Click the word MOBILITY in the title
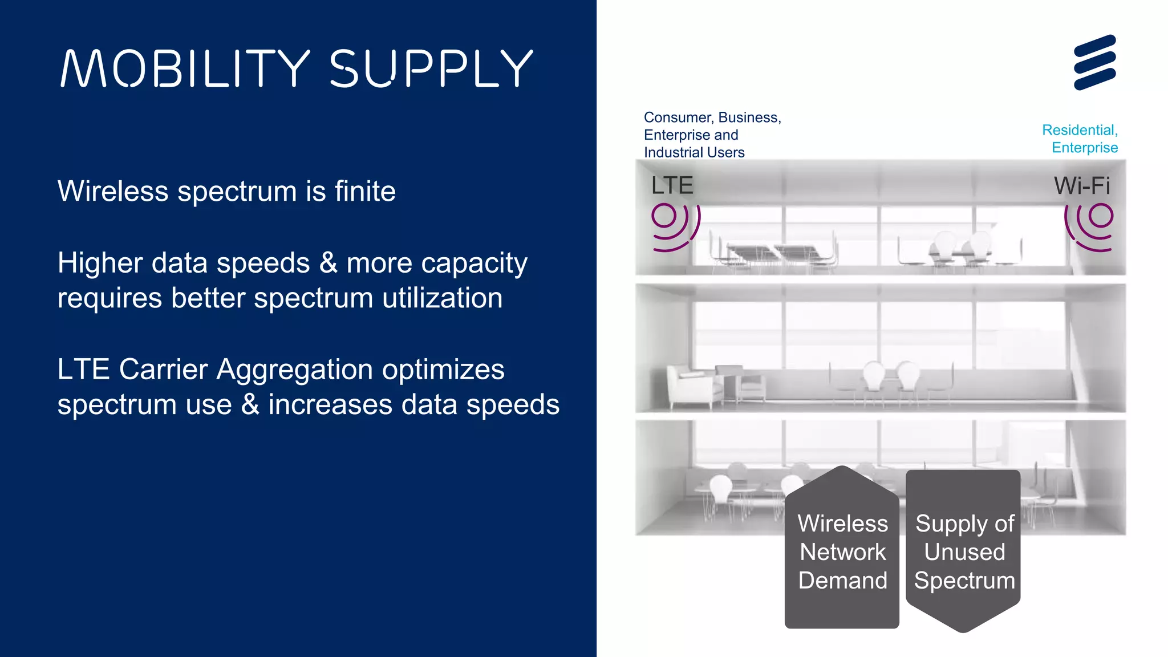(185, 68)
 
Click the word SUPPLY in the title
(431, 68)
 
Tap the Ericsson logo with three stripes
(1094, 62)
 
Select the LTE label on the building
(672, 185)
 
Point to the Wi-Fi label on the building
(1082, 185)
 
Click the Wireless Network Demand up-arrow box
(842, 547)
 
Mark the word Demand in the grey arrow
(842, 581)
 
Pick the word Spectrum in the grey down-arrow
(964, 581)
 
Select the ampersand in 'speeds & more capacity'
(328, 263)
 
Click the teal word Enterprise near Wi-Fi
(1085, 148)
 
